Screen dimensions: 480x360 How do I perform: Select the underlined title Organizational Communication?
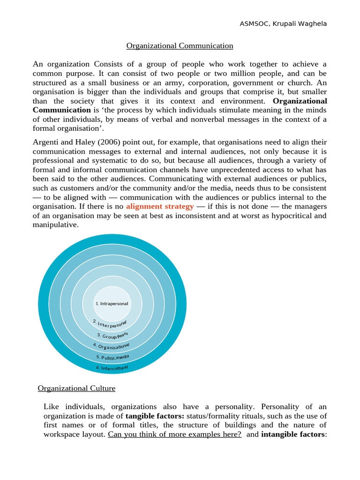[180, 45]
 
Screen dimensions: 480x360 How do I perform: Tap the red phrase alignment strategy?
[160, 206]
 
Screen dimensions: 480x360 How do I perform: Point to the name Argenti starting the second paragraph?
[45, 142]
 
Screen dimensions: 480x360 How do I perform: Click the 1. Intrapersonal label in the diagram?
[112, 303]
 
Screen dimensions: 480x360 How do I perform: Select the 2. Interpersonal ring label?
[110, 323]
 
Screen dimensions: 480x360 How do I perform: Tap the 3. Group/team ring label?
[112, 335]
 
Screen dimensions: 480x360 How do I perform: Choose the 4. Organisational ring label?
[111, 346]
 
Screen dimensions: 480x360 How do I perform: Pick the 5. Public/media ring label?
[112, 357]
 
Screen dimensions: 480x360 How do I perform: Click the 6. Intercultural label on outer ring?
[112, 367]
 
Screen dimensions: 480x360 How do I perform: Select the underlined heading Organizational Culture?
[76, 388]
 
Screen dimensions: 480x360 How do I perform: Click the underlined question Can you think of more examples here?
[175, 434]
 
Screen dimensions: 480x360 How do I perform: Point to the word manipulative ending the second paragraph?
[56, 225]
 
